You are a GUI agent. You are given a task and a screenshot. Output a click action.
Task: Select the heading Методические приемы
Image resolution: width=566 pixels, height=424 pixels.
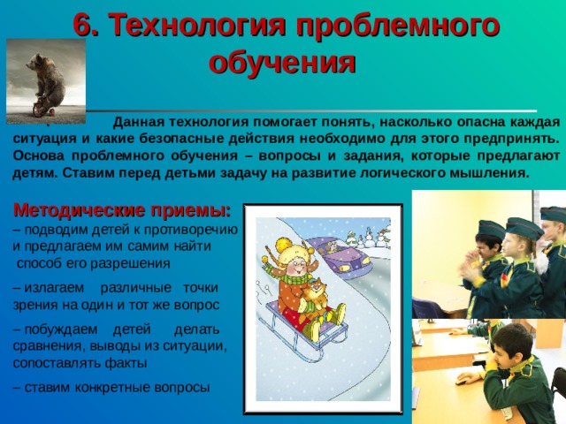tap(122, 211)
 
